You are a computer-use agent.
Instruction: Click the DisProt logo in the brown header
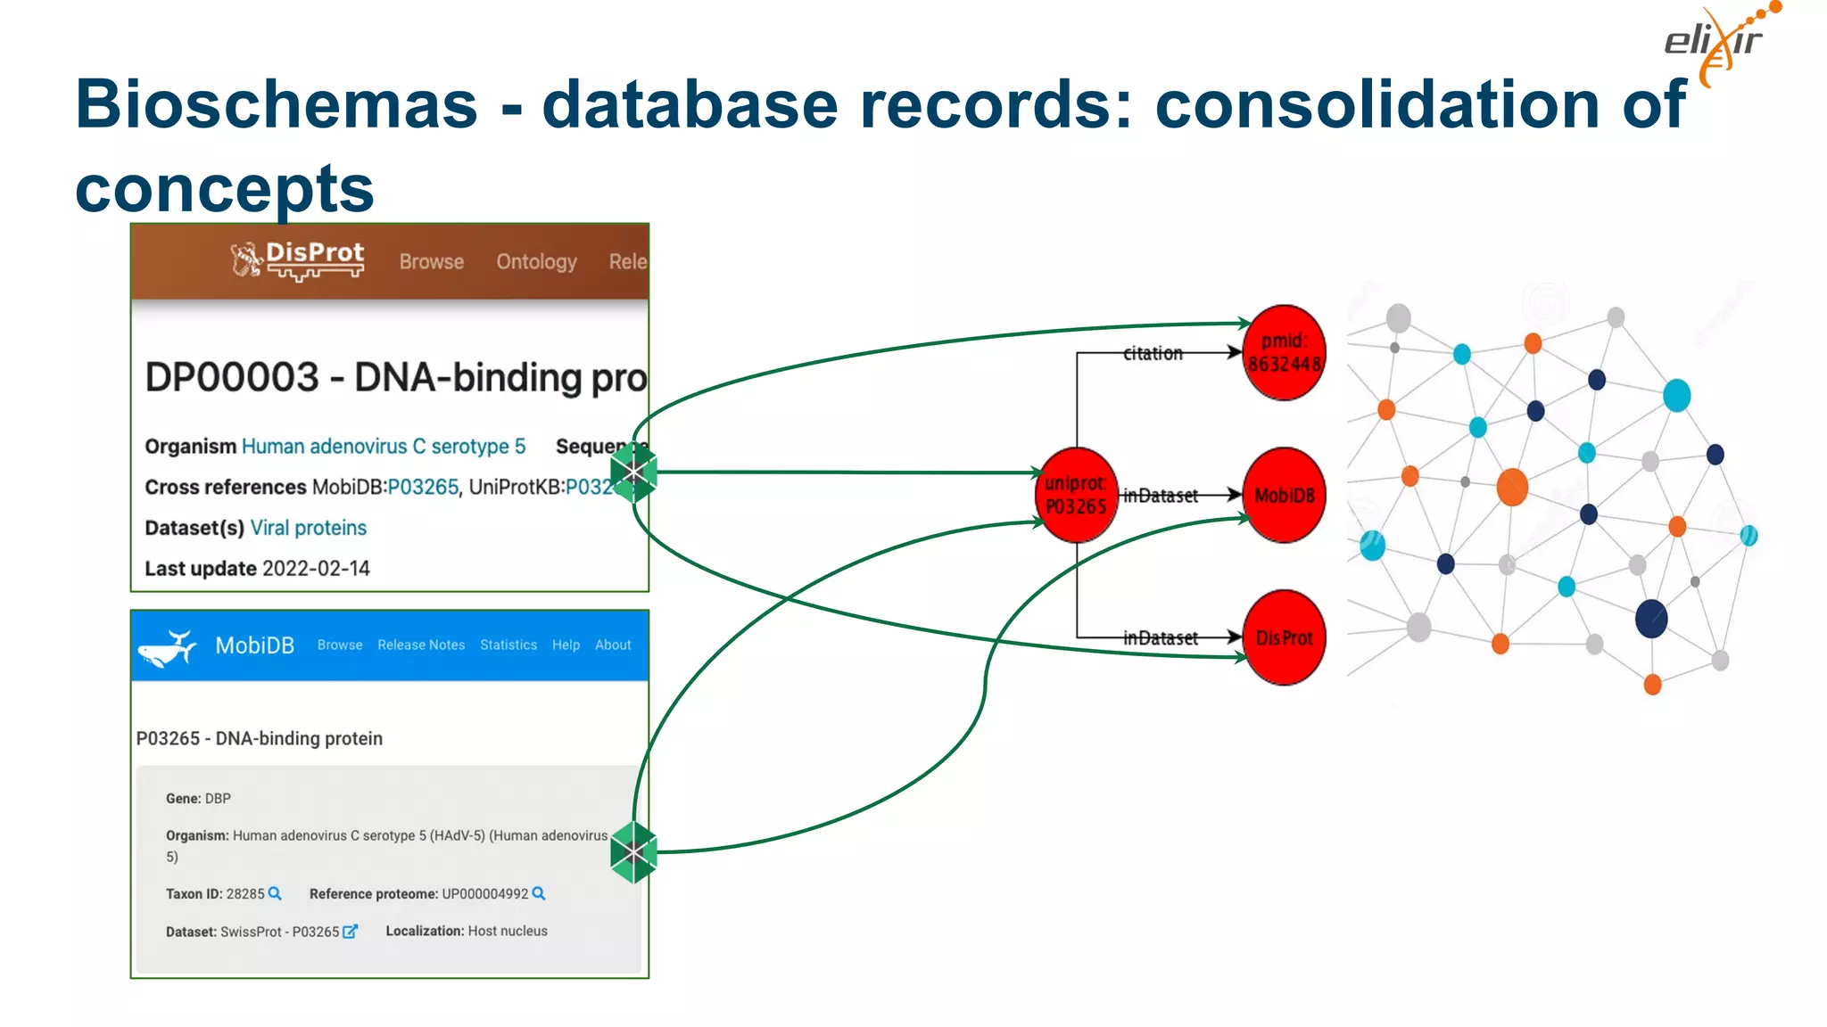(297, 259)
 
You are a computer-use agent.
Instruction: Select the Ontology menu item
(536, 262)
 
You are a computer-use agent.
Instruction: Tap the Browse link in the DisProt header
(431, 262)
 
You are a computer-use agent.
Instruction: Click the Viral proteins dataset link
(309, 528)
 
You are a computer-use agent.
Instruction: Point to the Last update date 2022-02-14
(316, 569)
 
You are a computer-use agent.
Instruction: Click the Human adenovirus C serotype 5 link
(384, 447)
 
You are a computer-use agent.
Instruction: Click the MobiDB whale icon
(168, 647)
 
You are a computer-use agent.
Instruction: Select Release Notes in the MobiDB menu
(421, 645)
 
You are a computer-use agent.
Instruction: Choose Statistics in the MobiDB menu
(508, 645)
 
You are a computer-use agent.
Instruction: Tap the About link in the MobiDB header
(613, 645)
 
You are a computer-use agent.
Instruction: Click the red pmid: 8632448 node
(1284, 353)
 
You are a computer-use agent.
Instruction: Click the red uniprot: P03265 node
(1076, 495)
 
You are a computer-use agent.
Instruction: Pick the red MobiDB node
(1284, 495)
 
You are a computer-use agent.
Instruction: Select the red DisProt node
(1284, 637)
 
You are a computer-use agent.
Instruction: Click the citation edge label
(1153, 353)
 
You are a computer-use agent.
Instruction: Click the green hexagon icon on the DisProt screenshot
(633, 472)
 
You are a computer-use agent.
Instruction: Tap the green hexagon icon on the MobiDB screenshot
(633, 852)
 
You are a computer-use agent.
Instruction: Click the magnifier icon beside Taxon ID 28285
(275, 893)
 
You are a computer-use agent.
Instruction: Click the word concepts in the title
(225, 189)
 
